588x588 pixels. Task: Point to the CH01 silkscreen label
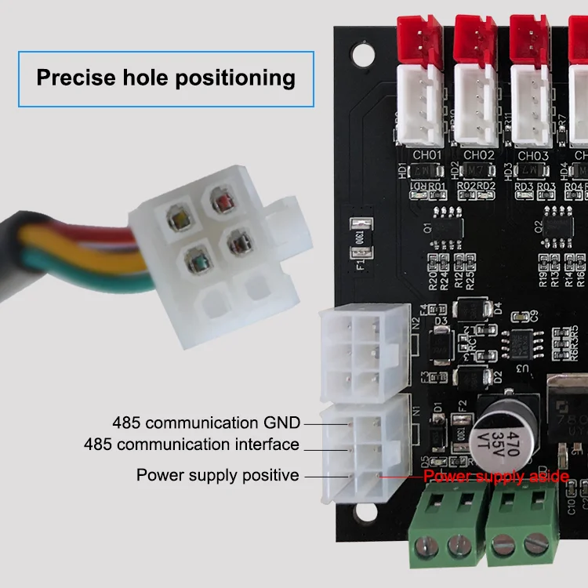coord(427,155)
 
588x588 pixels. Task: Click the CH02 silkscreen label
coord(479,155)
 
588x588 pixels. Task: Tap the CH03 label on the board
coord(532,155)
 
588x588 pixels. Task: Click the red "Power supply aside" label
coord(495,476)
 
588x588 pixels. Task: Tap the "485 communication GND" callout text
coord(206,423)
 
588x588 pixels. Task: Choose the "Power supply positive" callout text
coord(217,475)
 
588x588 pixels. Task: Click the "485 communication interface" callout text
coord(192,445)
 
